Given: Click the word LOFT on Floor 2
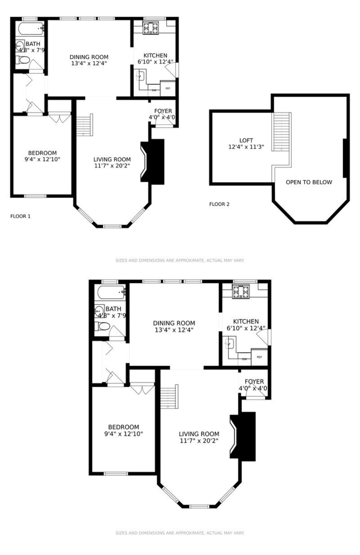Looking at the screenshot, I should [246, 140].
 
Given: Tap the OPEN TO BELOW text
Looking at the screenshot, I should [309, 182].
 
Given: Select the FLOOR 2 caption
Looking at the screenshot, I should [219, 204].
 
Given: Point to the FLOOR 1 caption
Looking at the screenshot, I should [20, 216].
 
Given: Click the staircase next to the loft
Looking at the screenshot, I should [281, 132].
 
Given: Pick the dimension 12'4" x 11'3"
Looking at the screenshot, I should [246, 147].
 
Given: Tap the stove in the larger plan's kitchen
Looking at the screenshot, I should [240, 292].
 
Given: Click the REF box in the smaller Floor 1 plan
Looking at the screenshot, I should [168, 89].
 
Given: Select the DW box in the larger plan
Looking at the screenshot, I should [244, 359].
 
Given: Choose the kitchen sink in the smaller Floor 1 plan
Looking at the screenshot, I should [141, 75].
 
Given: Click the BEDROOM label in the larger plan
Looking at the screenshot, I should [123, 427].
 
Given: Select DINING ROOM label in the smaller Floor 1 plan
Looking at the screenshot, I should [89, 57].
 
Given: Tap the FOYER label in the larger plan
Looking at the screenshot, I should [254, 381].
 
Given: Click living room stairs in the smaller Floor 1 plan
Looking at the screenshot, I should [84, 125].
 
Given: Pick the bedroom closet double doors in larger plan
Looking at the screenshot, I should [142, 388].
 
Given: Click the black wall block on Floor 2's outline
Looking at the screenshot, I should [345, 158].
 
